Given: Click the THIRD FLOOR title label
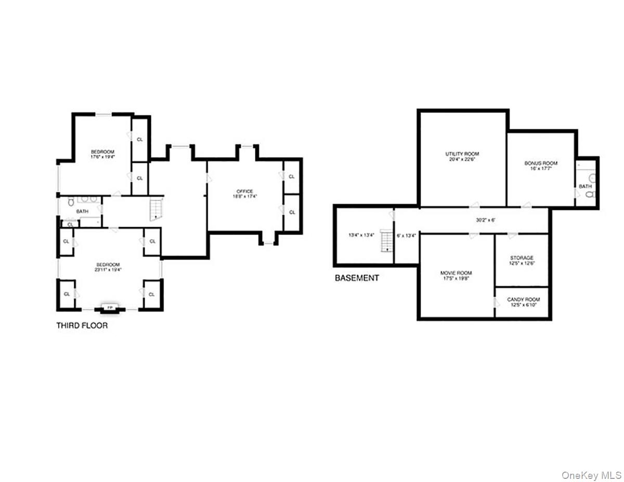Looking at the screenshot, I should (x=82, y=326).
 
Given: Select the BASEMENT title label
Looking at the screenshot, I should (x=357, y=278).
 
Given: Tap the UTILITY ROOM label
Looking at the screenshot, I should (x=462, y=154).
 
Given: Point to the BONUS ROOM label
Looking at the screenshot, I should (x=541, y=163).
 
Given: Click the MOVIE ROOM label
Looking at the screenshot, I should (x=456, y=273).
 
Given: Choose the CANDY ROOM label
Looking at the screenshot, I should (x=523, y=299).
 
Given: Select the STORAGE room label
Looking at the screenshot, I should (x=521, y=258).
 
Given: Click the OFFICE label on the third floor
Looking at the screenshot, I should (x=244, y=191).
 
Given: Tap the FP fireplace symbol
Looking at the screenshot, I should (x=110, y=308).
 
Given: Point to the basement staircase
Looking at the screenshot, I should (x=386, y=241).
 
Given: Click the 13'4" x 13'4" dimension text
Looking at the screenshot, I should (x=361, y=235).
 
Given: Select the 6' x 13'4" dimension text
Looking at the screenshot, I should (x=406, y=235).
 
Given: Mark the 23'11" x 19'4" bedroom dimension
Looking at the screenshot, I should (x=108, y=270).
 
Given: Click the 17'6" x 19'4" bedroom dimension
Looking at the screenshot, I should (x=102, y=157).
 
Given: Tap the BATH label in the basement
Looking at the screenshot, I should (x=585, y=186).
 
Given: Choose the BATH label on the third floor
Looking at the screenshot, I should (x=82, y=212).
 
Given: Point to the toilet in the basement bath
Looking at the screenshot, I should (x=590, y=194).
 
